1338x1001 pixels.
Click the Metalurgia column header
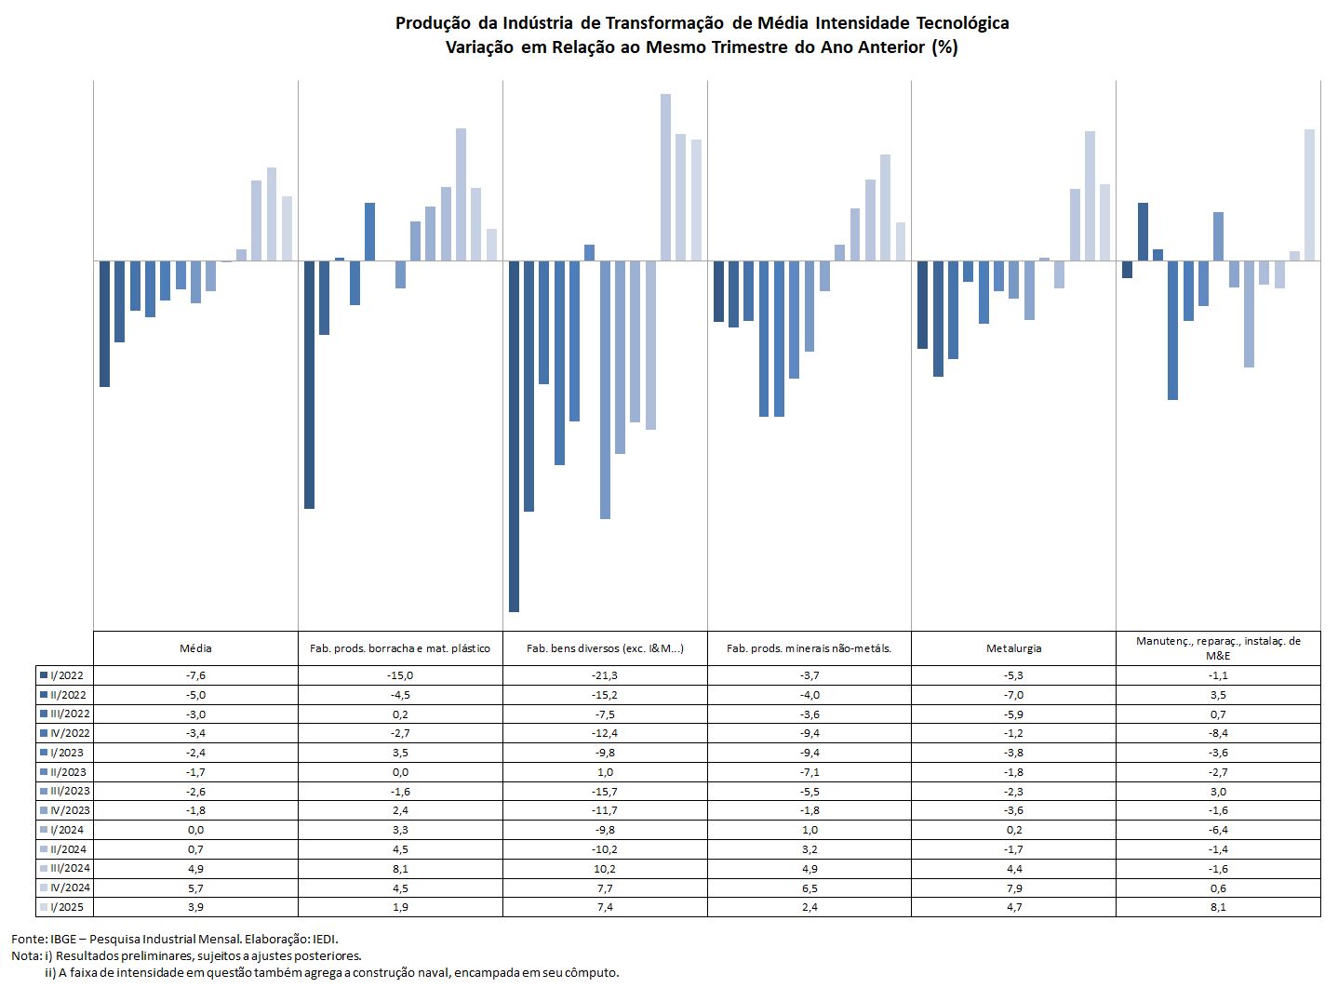(1013, 648)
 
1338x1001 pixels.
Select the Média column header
(195, 648)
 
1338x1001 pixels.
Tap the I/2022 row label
(66, 675)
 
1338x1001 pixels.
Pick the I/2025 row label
(66, 906)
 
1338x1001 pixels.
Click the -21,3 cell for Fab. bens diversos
(605, 675)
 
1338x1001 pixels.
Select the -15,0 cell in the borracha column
(400, 675)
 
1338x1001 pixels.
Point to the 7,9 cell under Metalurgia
(1013, 888)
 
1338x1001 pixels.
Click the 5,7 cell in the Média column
(195, 888)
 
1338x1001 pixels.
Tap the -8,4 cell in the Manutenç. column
(1218, 733)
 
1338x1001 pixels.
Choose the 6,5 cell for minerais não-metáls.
(809, 888)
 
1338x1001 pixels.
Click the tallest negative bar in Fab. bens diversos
(514, 436)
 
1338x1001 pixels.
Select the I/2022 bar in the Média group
(105, 324)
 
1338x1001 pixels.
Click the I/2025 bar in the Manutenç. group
(1309, 195)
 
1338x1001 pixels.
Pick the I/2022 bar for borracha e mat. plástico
(309, 384)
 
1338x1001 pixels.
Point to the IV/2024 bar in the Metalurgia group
(1090, 196)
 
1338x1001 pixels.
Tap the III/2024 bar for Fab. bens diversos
(665, 178)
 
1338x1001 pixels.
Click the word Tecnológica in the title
(962, 23)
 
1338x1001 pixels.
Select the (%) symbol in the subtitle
(944, 47)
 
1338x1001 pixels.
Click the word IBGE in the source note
(63, 939)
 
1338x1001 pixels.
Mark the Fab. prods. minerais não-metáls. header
(809, 648)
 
